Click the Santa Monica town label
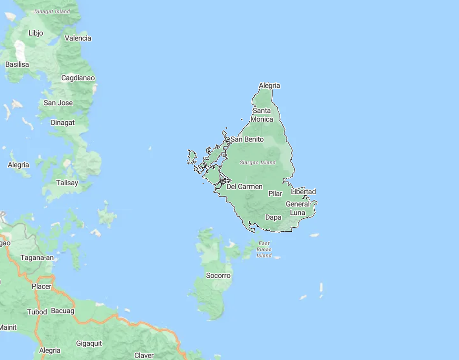[262, 115]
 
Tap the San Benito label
[247, 139]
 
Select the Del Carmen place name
[244, 187]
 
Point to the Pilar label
[275, 194]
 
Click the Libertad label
[303, 192]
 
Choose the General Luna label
[297, 208]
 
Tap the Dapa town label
[273, 217]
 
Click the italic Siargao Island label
[257, 162]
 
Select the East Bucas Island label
[264, 249]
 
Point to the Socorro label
[218, 275]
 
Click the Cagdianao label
[78, 78]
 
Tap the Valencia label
[78, 38]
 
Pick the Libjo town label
[36, 33]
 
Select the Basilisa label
[17, 64]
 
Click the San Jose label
[58, 103]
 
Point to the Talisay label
[67, 183]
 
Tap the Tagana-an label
[37, 257]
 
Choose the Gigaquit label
[89, 343]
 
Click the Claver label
[144, 355]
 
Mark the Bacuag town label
[62, 311]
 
